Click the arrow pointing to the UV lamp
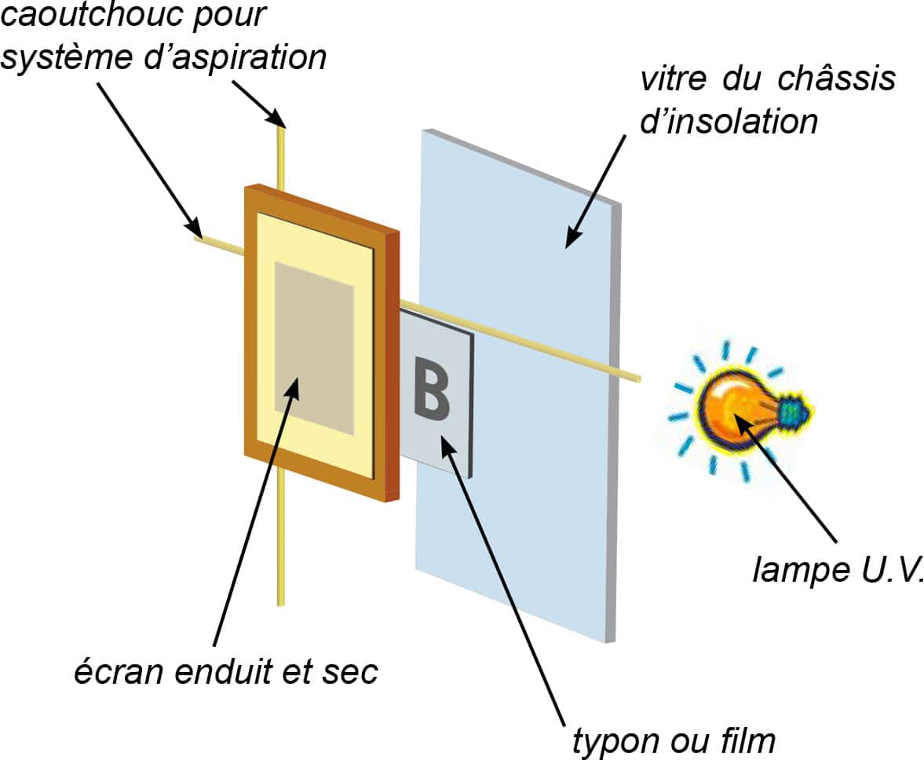793,478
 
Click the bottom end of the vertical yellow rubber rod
280,600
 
